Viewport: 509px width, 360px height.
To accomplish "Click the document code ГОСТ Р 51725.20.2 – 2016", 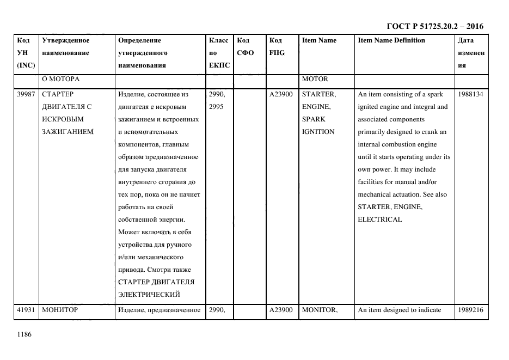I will [434, 26].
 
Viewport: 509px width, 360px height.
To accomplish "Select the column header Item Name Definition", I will [391, 40].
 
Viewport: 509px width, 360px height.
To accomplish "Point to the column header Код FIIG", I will [277, 46].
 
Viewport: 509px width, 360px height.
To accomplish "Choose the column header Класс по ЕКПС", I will [219, 53].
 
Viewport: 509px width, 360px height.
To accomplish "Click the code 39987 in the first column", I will [26, 94].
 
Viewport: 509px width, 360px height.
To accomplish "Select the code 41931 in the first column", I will [26, 310].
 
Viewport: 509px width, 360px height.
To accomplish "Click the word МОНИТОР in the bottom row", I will [60, 310].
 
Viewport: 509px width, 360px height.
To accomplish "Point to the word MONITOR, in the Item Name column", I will [320, 310].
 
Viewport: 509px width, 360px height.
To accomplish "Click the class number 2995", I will [217, 107].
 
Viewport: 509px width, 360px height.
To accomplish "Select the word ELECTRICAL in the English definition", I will [380, 219].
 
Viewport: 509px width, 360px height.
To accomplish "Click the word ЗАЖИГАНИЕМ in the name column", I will [68, 132].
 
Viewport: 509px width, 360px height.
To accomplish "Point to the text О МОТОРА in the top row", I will [61, 79].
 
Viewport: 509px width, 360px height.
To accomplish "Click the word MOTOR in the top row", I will [315, 79].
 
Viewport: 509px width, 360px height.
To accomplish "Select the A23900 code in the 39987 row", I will [281, 94].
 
